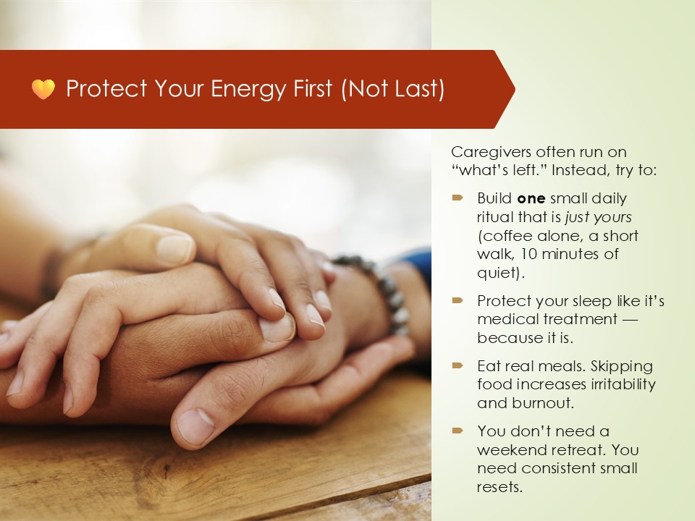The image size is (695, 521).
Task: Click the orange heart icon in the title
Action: (43, 89)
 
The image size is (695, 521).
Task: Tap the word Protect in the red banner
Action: (106, 88)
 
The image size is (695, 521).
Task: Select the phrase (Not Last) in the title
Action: (392, 88)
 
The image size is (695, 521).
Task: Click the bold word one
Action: (531, 198)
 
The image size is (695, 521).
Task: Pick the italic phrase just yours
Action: (599, 217)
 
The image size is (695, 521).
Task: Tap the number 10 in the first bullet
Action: (528, 254)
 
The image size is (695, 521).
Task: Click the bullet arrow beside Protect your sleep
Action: (458, 301)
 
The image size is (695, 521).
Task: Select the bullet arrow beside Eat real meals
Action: (458, 365)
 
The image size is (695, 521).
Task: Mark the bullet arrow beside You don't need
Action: (458, 431)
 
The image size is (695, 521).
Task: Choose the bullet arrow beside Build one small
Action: (458, 198)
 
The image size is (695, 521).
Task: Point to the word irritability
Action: (621, 384)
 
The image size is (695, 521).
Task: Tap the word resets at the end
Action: (500, 487)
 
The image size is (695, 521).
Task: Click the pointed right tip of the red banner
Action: (515, 89)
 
